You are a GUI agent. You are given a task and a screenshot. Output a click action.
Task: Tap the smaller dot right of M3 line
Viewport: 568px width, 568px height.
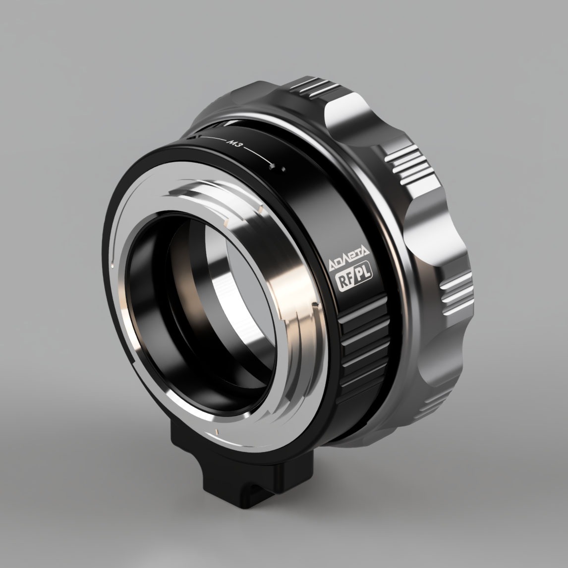point(283,170)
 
